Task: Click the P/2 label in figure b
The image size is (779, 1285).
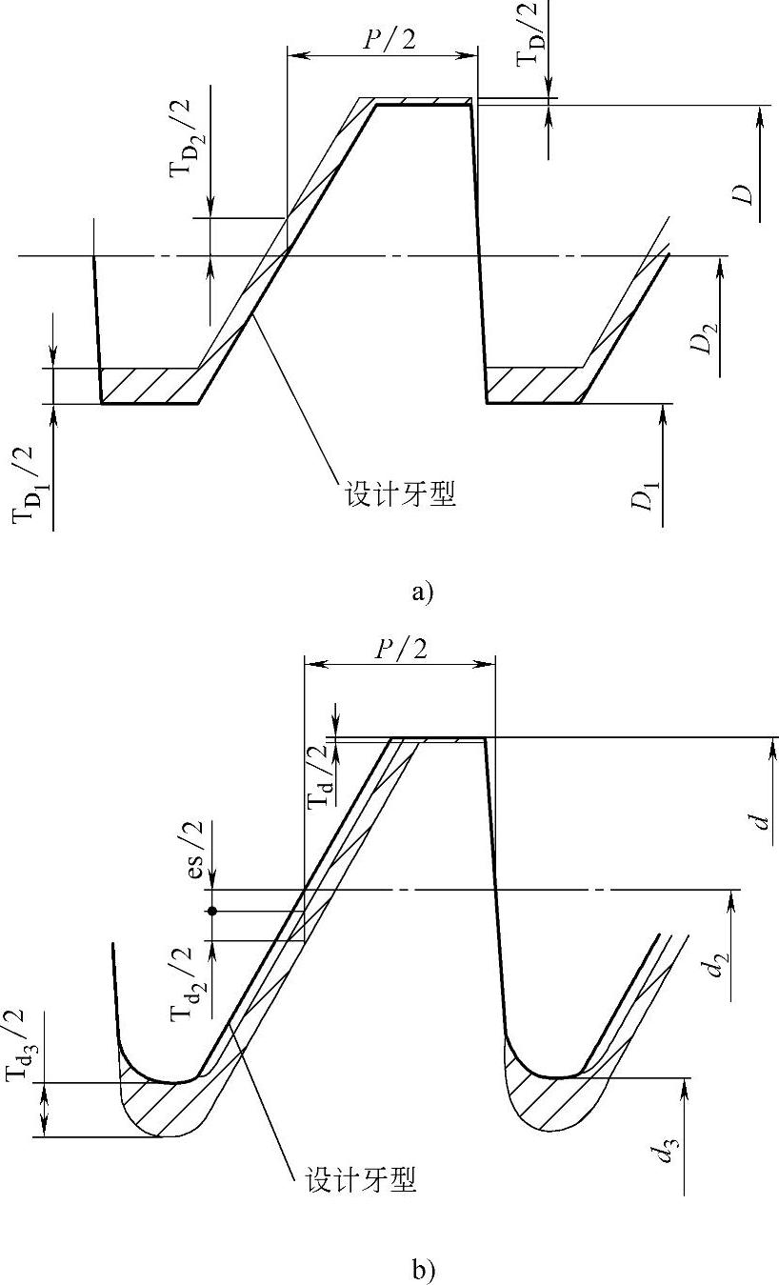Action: [x=399, y=650]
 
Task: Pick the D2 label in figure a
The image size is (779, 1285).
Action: [x=705, y=338]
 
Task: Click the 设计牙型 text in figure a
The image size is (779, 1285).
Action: [x=398, y=495]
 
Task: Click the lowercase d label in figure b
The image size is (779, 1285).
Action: [x=762, y=816]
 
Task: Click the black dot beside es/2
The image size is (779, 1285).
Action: [x=212, y=911]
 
